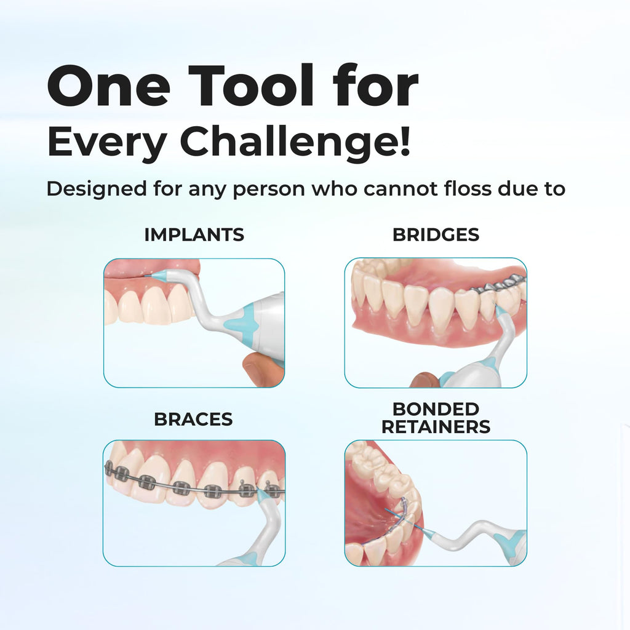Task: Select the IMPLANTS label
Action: (194, 234)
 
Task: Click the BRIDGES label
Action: (436, 234)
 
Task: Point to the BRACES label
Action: (193, 420)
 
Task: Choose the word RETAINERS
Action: (436, 427)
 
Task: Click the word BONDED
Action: (436, 409)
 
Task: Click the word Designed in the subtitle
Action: (94, 188)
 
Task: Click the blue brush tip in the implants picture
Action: (158, 277)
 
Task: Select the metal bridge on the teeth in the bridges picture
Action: (499, 284)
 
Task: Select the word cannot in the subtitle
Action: (392, 188)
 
